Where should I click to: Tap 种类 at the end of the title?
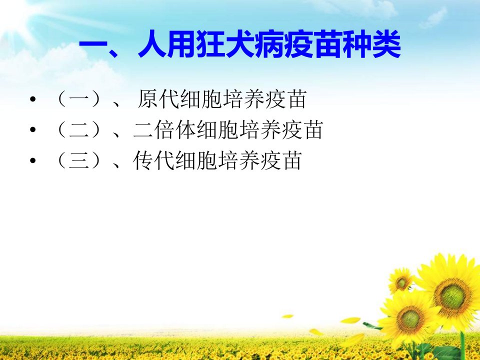(372, 44)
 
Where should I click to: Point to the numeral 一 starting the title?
(94, 46)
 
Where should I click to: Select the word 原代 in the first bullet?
(158, 99)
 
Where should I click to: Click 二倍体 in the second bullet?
(164, 130)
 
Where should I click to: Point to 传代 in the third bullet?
(154, 160)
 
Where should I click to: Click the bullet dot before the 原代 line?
(33, 99)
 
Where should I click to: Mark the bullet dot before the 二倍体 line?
(33, 130)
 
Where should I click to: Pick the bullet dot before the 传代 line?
(33, 160)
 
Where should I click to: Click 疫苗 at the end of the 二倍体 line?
(302, 130)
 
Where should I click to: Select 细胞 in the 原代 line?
(201, 99)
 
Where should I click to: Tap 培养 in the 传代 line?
(238, 160)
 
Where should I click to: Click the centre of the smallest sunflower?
(400, 282)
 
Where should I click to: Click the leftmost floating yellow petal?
(287, 316)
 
